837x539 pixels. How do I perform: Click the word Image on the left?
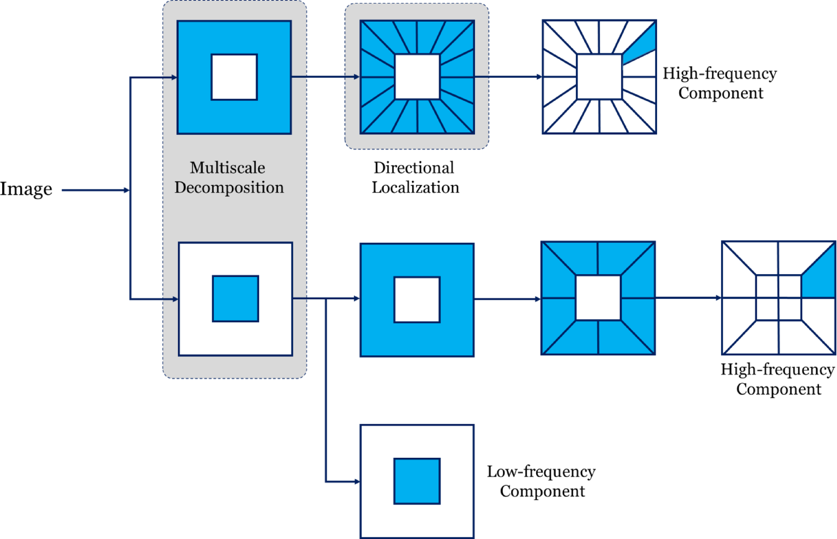pos(26,189)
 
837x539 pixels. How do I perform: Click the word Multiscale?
pos(228,168)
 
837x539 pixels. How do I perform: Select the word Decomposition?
pos(229,188)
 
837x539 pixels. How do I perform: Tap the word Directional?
pos(414,168)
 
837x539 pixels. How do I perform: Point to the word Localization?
pos(415,188)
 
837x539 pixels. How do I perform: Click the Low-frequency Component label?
pos(541,481)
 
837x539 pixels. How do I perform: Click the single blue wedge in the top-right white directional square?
pos(642,46)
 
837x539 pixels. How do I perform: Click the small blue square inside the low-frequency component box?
pos(417,481)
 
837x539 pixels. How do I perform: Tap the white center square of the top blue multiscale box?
pos(234,77)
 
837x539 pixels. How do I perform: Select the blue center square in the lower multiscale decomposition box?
pos(235,299)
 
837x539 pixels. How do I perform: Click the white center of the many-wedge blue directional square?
pos(417,77)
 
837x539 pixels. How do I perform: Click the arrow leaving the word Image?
pos(95,190)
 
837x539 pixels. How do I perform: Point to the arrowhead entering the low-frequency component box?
pos(357,482)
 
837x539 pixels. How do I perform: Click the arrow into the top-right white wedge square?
pos(507,77)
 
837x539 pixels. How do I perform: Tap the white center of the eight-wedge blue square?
pos(598,298)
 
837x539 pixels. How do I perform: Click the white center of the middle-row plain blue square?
pos(417,300)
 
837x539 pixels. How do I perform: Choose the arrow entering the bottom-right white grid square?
pos(688,298)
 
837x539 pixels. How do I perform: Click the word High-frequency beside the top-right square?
pos(720,74)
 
